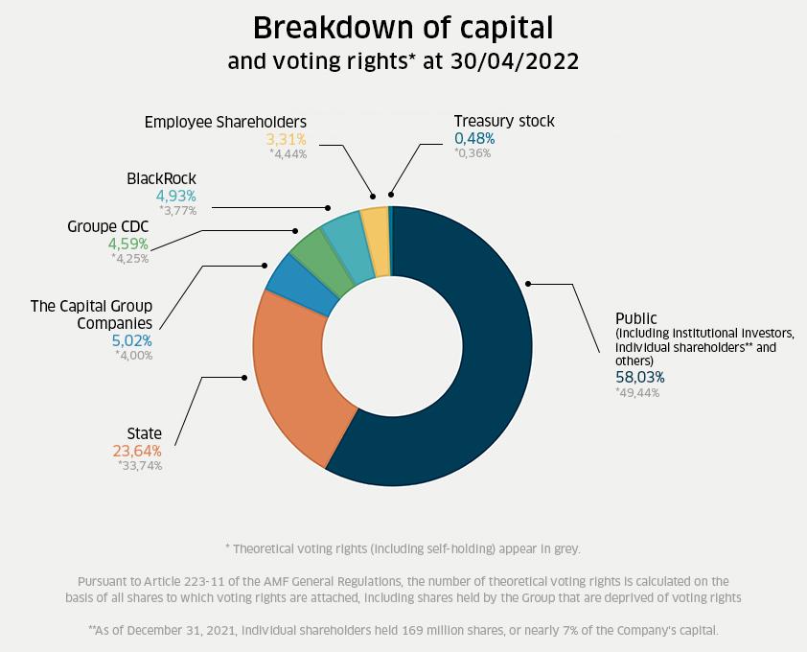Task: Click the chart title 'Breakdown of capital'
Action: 403,27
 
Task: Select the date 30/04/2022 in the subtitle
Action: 515,61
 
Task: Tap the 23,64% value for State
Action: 137,451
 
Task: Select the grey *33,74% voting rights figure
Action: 139,466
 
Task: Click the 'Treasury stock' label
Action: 504,122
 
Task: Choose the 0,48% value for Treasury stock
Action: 474,138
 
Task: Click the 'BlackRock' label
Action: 161,179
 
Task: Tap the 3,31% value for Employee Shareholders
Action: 286,138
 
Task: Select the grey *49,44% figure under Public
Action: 637,392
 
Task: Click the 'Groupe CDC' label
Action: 107,227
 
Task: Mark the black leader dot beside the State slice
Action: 244,378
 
